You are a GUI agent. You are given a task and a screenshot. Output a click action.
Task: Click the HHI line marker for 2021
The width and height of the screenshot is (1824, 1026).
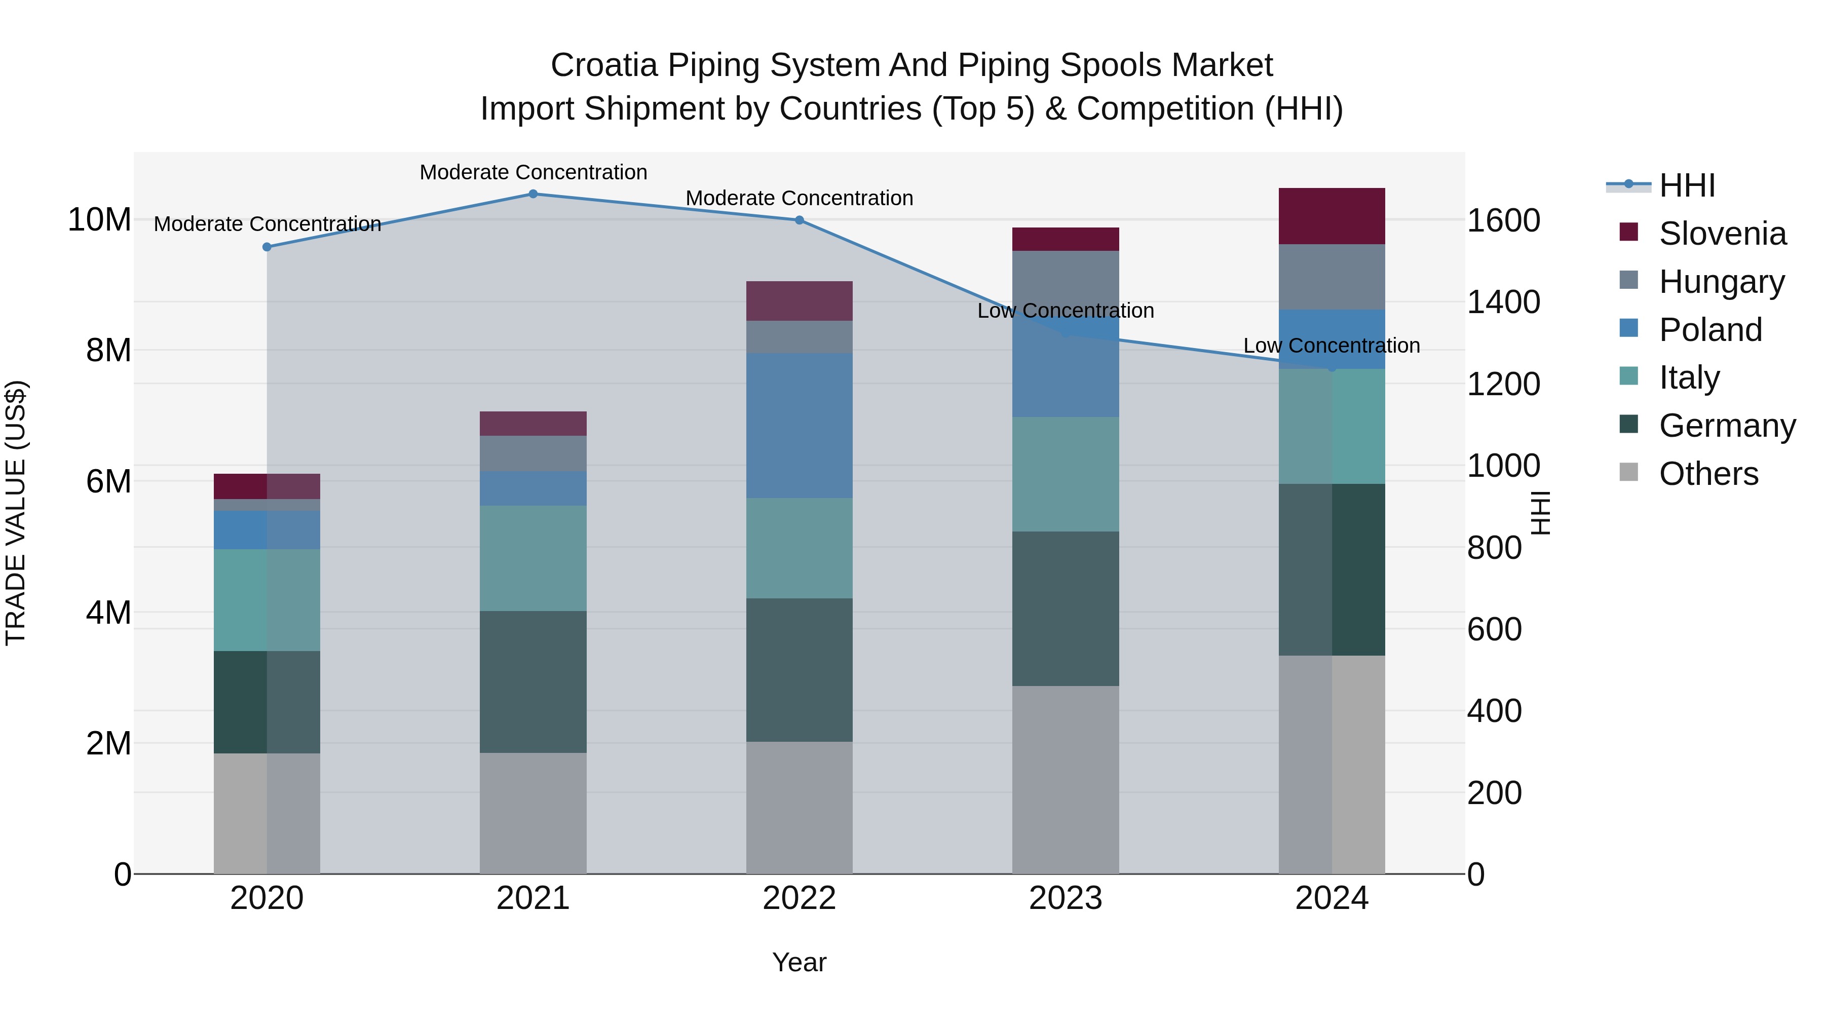[x=533, y=194]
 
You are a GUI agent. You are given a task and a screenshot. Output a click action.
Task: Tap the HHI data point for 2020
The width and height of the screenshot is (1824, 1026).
[x=267, y=247]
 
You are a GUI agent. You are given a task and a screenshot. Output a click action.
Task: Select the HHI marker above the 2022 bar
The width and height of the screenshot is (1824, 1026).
[x=800, y=220]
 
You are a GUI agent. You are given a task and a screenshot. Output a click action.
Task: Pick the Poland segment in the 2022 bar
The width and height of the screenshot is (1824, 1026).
[x=800, y=426]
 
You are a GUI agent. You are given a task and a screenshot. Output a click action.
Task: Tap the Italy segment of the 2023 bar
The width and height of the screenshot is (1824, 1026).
[x=1065, y=474]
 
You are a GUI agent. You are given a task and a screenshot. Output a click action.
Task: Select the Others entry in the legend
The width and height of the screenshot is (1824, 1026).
[x=1708, y=474]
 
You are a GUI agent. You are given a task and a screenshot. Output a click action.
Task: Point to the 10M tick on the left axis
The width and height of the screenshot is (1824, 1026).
[x=99, y=220]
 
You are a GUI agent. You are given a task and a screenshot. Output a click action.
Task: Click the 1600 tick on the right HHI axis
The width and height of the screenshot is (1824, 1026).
[x=1503, y=221]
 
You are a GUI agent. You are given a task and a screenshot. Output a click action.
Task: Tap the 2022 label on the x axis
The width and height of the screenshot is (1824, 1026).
[x=800, y=898]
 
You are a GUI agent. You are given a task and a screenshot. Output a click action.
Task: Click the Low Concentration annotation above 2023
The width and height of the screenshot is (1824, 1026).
[x=1065, y=311]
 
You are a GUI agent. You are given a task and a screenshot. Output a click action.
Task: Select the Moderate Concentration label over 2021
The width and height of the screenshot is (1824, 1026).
[x=533, y=172]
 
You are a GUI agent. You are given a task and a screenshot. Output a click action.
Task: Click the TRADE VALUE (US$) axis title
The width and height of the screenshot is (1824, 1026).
[x=16, y=513]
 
